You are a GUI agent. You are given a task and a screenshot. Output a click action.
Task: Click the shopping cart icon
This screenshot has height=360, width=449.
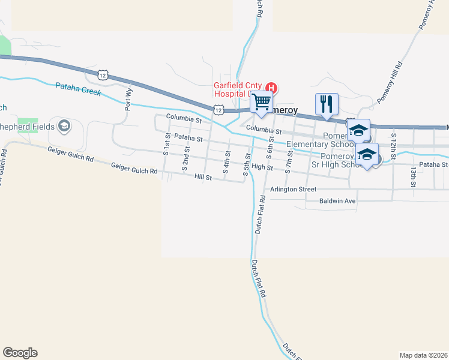click(x=261, y=103)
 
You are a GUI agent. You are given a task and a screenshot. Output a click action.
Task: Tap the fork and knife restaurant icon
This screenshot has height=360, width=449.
click(x=327, y=104)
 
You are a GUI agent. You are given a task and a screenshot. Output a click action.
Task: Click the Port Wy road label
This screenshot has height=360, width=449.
click(x=128, y=100)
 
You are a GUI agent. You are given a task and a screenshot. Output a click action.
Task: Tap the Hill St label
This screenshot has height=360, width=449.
click(x=203, y=177)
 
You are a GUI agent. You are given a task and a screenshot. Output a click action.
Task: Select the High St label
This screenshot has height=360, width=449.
click(x=262, y=167)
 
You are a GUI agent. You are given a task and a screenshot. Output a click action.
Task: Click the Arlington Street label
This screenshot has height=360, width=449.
click(x=293, y=189)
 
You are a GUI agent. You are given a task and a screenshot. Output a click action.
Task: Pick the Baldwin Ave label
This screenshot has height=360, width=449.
click(x=338, y=201)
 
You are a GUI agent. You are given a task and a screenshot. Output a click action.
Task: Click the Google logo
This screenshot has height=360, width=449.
click(x=20, y=353)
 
